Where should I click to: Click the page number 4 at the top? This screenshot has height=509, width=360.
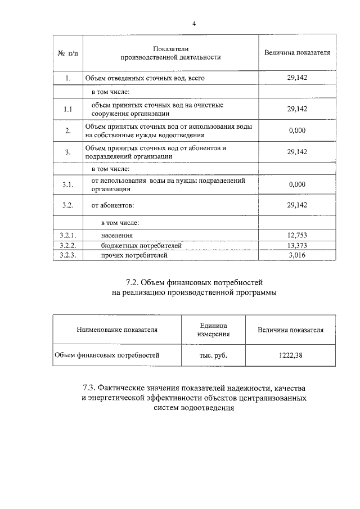click(194, 24)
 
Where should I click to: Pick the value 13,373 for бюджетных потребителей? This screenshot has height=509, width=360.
click(297, 246)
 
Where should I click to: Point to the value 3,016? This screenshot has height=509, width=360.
click(297, 255)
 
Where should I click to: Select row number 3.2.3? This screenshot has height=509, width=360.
click(67, 255)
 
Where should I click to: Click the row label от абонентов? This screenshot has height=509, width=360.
click(112, 205)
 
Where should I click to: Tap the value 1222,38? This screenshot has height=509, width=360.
click(290, 355)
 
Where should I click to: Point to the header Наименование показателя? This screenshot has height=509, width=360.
click(117, 330)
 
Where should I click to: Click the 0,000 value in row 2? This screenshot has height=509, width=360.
click(297, 130)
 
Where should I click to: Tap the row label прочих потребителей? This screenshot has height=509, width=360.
click(134, 255)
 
